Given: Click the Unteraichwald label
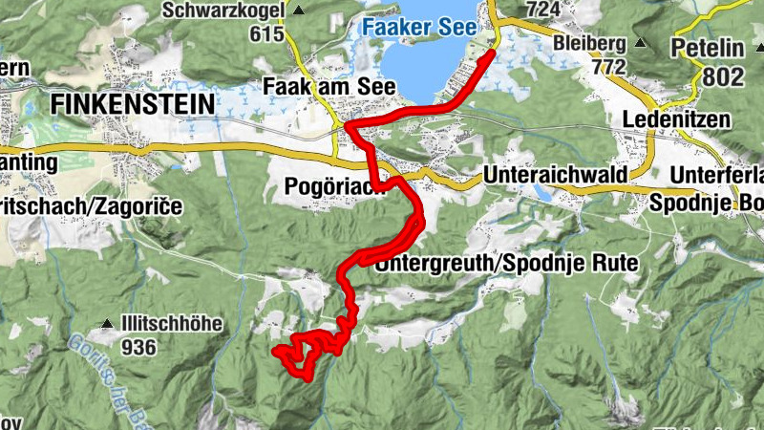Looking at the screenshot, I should point(555,176).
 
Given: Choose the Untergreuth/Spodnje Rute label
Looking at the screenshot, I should point(506,263).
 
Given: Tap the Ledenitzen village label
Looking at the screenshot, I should point(675,119).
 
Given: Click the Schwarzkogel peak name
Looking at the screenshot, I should point(223,11).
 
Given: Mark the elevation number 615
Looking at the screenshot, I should point(266,34).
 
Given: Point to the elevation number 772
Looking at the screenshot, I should point(607,67).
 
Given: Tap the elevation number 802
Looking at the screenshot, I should point(726,75).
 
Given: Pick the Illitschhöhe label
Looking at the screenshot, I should point(172,324).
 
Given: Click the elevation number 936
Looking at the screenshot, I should point(138,347).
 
